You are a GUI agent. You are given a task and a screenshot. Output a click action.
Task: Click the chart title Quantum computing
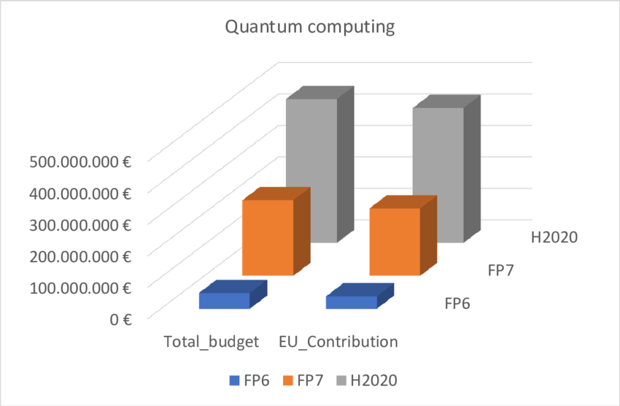point(310,28)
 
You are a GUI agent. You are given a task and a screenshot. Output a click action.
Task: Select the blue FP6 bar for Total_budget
point(225,301)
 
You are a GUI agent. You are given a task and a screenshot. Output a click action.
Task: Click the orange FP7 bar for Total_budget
point(268,237)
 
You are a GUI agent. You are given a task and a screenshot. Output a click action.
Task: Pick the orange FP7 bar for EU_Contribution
point(395,242)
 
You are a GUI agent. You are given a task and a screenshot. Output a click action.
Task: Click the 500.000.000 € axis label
point(80,162)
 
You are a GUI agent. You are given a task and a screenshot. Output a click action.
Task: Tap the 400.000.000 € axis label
point(80,194)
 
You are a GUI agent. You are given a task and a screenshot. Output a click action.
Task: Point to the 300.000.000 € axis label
point(80,225)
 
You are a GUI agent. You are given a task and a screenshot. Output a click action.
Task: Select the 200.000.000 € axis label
point(80,256)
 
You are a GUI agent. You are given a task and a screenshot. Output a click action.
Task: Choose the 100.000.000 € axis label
point(80,288)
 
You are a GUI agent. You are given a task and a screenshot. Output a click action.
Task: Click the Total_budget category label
point(211,342)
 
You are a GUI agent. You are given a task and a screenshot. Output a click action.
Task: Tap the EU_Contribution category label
point(338,342)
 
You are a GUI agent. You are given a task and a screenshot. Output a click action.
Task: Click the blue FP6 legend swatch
point(234,380)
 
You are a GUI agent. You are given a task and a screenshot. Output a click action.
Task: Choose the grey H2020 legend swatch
point(341,380)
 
